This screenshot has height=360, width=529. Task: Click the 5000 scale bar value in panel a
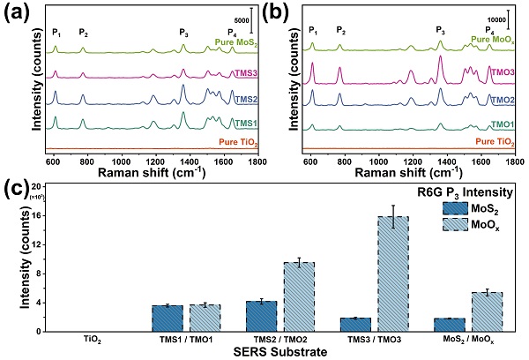pos(240,19)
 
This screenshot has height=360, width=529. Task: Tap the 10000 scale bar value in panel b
pos(499,18)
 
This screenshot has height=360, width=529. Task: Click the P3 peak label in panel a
pos(183,33)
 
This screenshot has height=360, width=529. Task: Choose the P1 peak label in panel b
pos(312,32)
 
